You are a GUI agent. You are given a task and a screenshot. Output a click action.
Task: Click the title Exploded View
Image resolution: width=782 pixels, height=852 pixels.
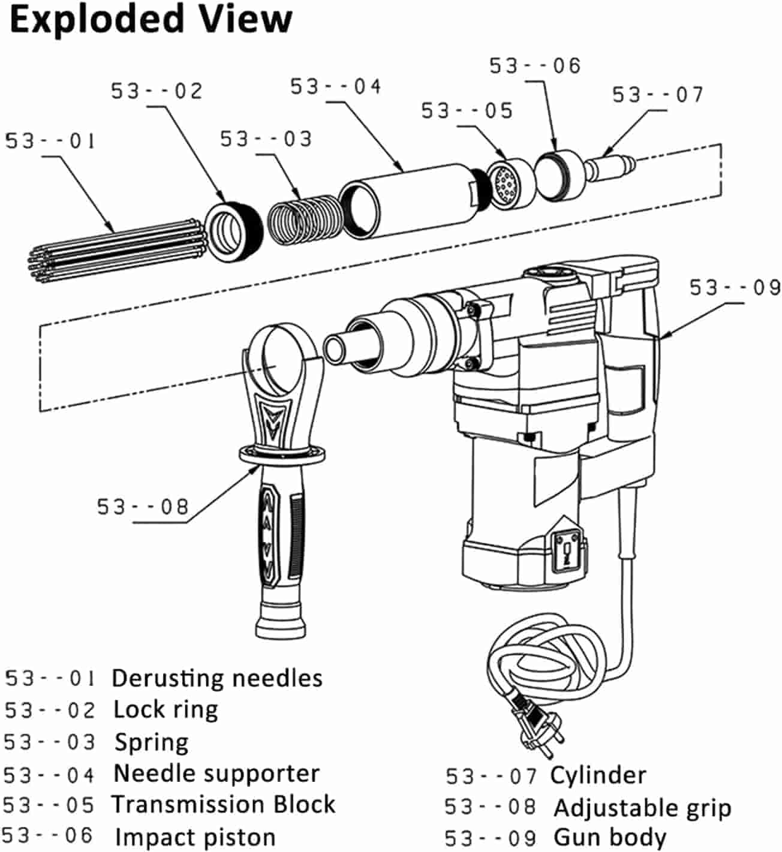(151, 19)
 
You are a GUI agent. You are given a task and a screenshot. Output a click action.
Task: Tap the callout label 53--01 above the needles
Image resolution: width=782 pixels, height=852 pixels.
(50, 142)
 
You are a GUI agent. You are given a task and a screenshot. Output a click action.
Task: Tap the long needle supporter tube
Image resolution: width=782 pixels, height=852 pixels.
(408, 200)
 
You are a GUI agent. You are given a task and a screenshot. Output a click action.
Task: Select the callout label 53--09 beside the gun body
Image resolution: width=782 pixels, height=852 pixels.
(735, 288)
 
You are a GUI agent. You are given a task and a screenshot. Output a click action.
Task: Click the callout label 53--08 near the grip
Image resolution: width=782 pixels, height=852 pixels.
(143, 507)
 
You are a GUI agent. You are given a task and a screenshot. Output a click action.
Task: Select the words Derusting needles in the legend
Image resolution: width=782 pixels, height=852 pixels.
(217, 678)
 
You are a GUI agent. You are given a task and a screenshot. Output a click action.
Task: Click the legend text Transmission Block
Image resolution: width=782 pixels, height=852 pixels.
(224, 804)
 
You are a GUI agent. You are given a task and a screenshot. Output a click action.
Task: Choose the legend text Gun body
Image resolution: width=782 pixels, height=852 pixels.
(610, 836)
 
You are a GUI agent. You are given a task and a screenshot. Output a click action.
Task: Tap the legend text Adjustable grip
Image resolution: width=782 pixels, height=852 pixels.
(642, 808)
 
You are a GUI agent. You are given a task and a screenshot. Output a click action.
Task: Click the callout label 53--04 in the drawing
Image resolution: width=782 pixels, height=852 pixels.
(336, 87)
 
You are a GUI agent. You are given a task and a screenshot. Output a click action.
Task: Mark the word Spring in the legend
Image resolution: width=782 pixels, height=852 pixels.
(152, 742)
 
